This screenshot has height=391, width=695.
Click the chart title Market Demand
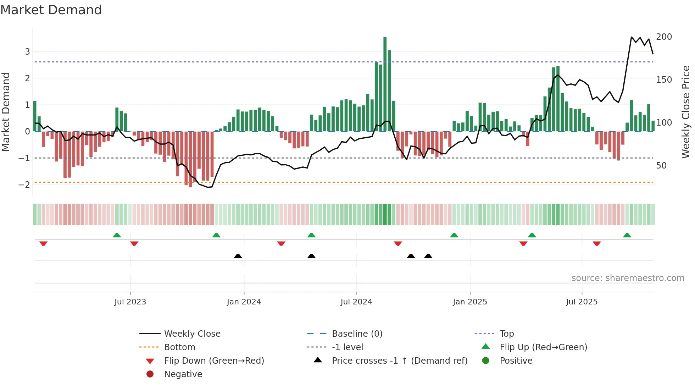(51, 10)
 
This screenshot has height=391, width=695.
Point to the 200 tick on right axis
(664, 37)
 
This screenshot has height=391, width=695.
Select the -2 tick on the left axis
(24, 185)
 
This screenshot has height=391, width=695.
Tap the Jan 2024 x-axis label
(244, 302)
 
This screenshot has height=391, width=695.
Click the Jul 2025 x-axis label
(582, 302)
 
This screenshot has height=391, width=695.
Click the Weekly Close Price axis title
(686, 112)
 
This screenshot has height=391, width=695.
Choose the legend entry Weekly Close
(192, 334)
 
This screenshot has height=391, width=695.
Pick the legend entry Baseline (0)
(357, 334)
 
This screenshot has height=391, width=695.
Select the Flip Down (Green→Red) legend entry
(214, 361)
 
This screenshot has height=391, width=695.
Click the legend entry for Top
(506, 334)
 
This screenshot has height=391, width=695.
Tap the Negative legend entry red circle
(150, 374)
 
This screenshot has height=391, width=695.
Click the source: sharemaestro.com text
(628, 278)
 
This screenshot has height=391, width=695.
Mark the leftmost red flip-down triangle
(43, 243)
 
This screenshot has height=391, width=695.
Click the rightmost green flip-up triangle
(627, 235)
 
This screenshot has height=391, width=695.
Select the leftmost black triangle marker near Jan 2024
(238, 256)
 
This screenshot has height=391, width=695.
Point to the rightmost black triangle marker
(428, 256)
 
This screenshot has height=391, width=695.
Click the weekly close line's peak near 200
(632, 37)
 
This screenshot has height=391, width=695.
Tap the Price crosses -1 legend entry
(399, 361)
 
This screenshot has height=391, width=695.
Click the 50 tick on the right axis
(661, 166)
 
